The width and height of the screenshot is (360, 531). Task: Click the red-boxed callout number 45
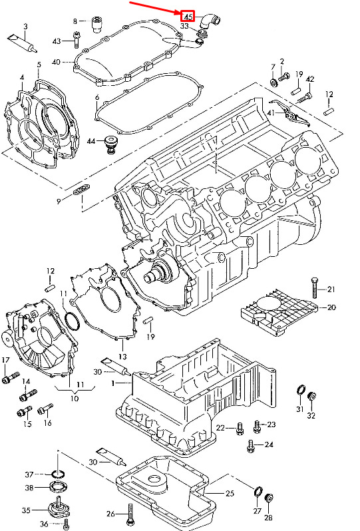[188, 16]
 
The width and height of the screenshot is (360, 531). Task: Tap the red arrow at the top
[156, 8]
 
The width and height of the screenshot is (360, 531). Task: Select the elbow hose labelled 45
[210, 21]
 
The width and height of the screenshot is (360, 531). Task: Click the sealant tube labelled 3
[22, 43]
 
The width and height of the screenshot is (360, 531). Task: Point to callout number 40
[56, 62]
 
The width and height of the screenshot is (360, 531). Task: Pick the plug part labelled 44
[110, 144]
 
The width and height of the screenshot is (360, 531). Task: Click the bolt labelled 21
[314, 287]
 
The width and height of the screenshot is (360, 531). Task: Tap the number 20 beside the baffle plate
[331, 307]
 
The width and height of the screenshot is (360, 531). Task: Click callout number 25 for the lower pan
[230, 493]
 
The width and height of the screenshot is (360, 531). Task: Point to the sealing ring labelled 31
[300, 390]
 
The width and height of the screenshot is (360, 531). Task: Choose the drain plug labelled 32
[311, 397]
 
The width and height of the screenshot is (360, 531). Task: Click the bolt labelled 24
[251, 445]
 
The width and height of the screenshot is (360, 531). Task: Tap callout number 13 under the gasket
[122, 356]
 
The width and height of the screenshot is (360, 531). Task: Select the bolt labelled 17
[10, 377]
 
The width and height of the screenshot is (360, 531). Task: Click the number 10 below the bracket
[74, 398]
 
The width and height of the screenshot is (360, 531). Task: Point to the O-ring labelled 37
[59, 473]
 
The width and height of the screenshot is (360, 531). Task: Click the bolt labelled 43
[76, 39]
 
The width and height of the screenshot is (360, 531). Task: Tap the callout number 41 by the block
[271, 112]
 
